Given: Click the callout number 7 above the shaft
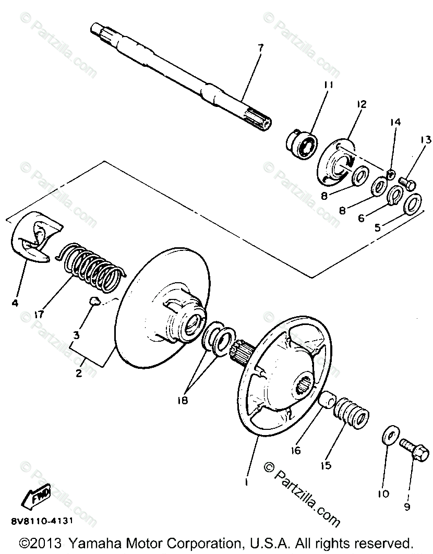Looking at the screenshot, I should (x=260, y=48).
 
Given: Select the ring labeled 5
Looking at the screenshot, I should (x=413, y=203).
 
